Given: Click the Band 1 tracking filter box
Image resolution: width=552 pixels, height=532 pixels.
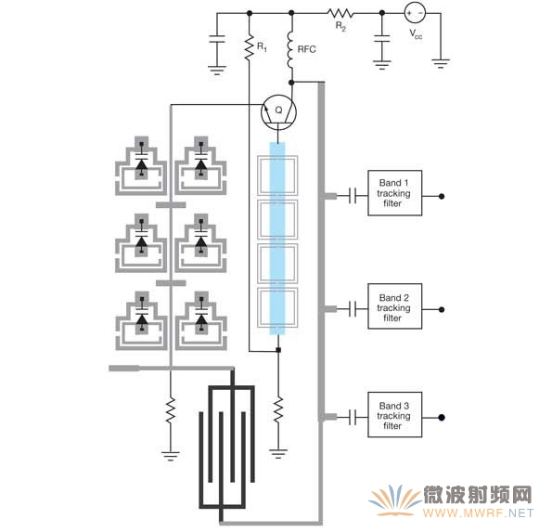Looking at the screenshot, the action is (x=394, y=193).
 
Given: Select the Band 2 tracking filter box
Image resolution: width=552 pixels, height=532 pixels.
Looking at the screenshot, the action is (x=394, y=306).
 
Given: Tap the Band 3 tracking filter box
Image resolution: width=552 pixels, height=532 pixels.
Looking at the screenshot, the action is (x=394, y=415).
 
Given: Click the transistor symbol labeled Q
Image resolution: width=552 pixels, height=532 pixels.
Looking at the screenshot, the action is (x=278, y=112).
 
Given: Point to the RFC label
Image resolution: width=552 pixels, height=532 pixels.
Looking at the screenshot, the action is (x=307, y=49).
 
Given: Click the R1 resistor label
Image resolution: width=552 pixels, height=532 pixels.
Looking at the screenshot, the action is (x=262, y=46).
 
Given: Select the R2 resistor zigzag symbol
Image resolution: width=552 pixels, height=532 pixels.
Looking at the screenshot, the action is (x=340, y=13).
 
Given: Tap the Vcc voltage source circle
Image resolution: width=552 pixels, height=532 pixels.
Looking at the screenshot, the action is (x=415, y=13).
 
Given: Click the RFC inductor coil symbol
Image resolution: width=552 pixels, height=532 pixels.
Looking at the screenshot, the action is (x=290, y=49).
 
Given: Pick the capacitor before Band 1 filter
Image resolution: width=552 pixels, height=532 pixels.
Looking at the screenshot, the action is (x=353, y=196).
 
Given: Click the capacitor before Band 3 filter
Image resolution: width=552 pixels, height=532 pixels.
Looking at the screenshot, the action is (x=353, y=417).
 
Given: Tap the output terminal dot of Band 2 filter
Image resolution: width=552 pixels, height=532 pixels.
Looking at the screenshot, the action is (x=442, y=310).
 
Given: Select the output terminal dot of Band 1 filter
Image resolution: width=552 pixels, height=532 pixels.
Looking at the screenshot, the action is (x=442, y=196).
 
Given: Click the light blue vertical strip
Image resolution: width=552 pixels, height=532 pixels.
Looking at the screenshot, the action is (x=277, y=239).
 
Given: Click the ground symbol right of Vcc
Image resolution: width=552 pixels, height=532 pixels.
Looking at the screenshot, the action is (x=441, y=63).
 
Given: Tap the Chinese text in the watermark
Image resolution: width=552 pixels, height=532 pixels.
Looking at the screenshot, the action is (x=477, y=495).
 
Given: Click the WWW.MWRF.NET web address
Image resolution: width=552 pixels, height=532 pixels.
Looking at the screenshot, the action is (x=479, y=513).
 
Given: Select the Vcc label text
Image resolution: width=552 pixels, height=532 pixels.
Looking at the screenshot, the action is (x=416, y=34).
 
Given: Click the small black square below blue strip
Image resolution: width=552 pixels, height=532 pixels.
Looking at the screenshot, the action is (x=278, y=350).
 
